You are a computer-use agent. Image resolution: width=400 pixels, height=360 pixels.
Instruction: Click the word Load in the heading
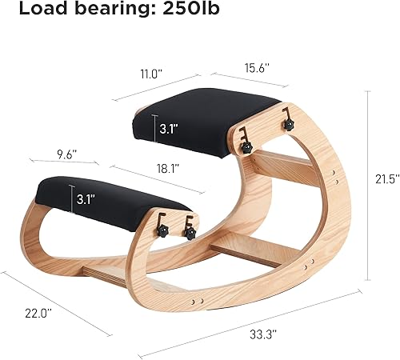click(43, 8)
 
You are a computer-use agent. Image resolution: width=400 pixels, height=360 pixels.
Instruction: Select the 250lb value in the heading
click(191, 8)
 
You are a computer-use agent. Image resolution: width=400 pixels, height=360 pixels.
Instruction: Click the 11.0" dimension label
click(151, 74)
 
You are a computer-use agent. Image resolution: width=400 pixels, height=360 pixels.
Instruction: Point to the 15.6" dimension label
click(258, 68)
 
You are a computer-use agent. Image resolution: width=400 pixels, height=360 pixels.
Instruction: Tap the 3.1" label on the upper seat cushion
click(169, 129)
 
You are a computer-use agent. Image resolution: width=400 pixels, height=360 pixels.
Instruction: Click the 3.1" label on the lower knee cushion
click(86, 199)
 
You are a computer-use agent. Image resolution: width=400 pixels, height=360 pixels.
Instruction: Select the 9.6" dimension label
click(67, 154)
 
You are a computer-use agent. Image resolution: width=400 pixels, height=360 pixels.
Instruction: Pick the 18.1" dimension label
click(168, 169)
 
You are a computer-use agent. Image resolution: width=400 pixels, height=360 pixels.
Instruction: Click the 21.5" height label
click(387, 179)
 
